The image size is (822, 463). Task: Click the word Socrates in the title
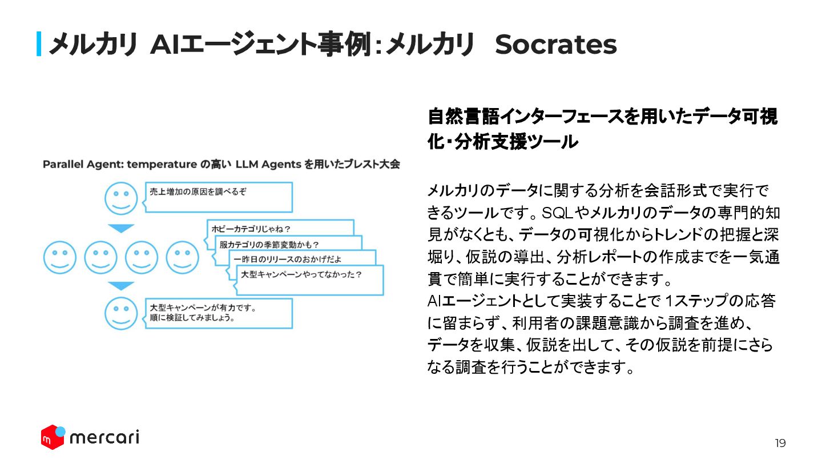pos(555,45)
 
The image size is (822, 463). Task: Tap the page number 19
pos(780,444)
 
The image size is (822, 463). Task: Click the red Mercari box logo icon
pos(53,437)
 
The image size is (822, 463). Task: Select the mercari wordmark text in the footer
pos(104,438)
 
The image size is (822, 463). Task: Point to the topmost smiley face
pos(121,198)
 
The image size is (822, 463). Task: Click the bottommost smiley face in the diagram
pos(121,313)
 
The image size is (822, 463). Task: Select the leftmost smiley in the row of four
pos(60,257)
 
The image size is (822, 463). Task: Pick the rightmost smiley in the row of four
pos(183,257)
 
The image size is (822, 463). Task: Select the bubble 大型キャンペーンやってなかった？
pos(301,275)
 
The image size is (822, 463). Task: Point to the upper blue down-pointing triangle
pos(121,227)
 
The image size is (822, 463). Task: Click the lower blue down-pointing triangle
pos(121,285)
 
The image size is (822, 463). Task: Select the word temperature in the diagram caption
pos(162,165)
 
